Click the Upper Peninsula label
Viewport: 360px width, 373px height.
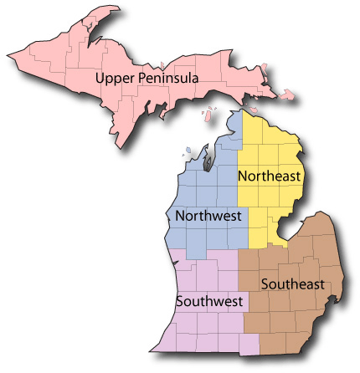[x=146, y=78]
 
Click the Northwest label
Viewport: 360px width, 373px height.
[x=208, y=216]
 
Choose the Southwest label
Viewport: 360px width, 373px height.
[x=209, y=300]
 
